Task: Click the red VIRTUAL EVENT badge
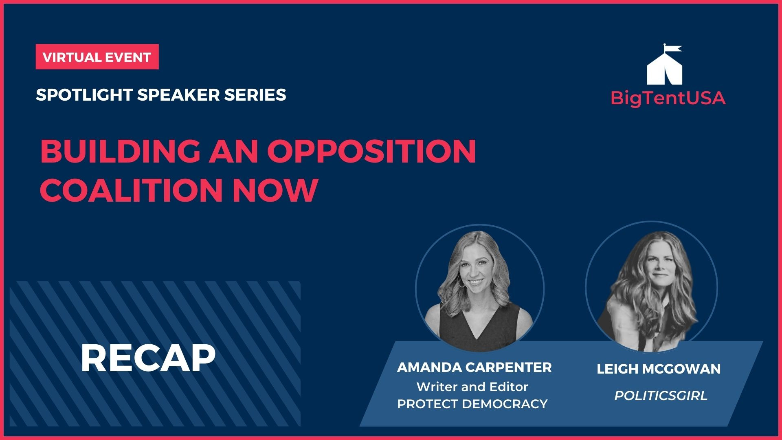(x=97, y=57)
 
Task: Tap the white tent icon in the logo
(x=665, y=70)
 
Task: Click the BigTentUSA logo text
(x=668, y=98)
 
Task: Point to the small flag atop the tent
(x=673, y=49)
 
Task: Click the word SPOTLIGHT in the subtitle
(x=84, y=95)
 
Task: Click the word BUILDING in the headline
(x=121, y=151)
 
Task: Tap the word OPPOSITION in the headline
(x=371, y=151)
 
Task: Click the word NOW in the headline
(x=275, y=190)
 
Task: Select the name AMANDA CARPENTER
(x=474, y=367)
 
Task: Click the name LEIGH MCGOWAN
(x=659, y=369)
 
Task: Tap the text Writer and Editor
(x=472, y=387)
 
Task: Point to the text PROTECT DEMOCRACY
(x=472, y=404)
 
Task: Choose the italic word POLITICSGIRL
(x=661, y=396)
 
